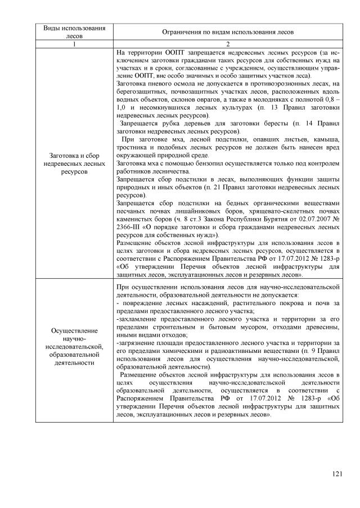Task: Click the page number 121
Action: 336,475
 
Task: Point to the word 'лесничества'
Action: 170,171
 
